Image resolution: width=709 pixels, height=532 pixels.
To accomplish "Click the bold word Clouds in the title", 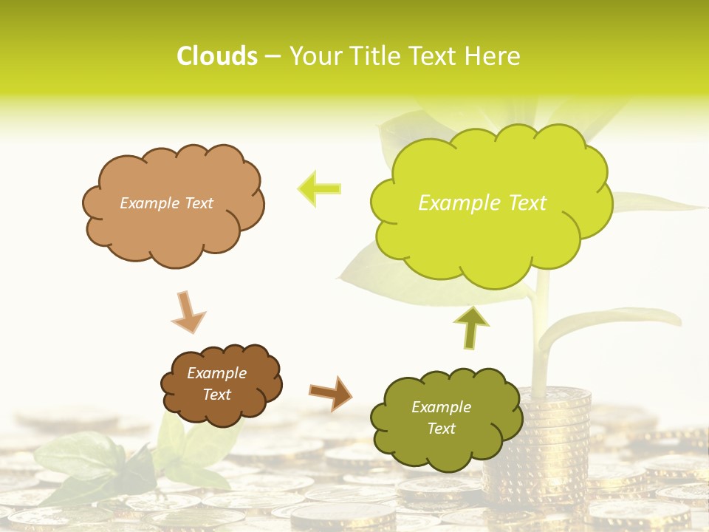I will pyautogui.click(x=216, y=56).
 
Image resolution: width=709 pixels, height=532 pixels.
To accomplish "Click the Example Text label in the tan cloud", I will pyautogui.click(x=166, y=203).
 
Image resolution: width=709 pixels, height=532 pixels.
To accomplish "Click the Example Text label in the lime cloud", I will pyautogui.click(x=482, y=203).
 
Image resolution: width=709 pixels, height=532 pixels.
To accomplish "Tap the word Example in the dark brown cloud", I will pyautogui.click(x=216, y=373).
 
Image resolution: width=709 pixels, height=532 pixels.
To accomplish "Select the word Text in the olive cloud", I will pyautogui.click(x=441, y=429).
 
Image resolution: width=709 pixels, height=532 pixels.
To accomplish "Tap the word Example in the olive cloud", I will pyautogui.click(x=441, y=407).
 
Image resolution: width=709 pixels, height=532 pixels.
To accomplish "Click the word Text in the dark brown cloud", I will pyautogui.click(x=216, y=395).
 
